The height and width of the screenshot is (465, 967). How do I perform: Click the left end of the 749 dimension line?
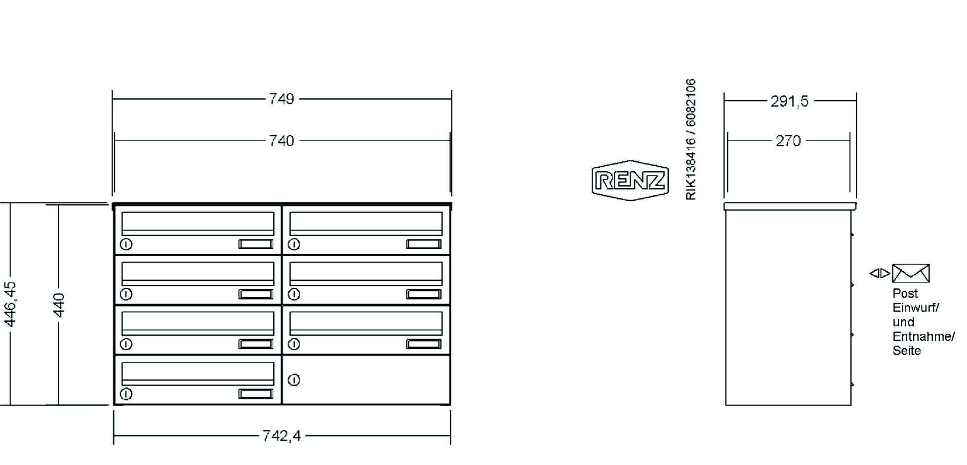tap(113, 99)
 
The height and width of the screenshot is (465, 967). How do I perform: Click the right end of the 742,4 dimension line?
tap(450, 436)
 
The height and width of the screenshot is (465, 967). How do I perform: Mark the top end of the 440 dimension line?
tap(59, 205)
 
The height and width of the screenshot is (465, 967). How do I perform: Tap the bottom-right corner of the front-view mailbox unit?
tap(450, 405)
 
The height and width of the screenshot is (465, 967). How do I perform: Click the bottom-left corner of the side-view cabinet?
tap(725, 405)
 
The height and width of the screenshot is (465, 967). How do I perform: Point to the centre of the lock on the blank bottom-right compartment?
tap(294, 380)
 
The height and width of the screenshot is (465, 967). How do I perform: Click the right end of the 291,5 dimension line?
tap(856, 101)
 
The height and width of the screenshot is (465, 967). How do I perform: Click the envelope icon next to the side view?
tap(911, 273)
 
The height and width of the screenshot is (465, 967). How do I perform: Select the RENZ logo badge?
tap(630, 180)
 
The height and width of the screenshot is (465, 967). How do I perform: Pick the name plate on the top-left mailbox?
tap(256, 244)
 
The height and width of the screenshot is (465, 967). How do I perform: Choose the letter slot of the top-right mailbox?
tap(366, 224)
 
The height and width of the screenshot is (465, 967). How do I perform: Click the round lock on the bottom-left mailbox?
tap(126, 394)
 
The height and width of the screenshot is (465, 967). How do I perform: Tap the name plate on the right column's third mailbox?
tap(424, 344)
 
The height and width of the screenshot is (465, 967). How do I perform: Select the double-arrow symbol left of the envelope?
tap(880, 273)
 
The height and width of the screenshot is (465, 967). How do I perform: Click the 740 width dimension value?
tap(282, 141)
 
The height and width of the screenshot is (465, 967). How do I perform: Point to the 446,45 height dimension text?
tap(10, 304)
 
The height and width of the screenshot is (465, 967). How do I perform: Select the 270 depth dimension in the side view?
tap(788, 141)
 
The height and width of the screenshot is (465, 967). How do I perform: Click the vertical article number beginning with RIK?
tap(691, 139)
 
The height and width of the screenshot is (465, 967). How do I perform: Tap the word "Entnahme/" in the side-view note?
tap(924, 337)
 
